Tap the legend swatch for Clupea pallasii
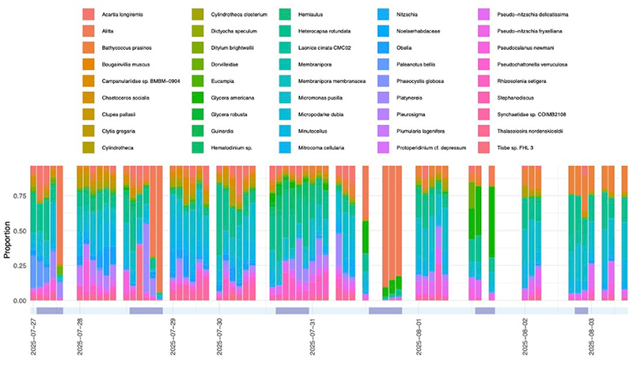(88, 114)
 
